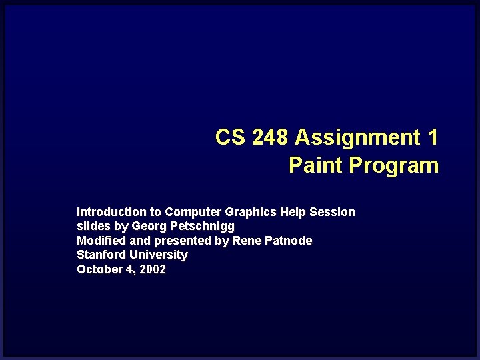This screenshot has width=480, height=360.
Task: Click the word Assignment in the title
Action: click(357, 137)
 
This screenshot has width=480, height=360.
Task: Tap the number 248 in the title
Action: click(270, 137)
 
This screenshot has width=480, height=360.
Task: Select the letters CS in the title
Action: click(230, 137)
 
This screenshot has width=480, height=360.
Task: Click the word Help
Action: click(293, 212)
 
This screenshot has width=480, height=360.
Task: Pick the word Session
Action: click(333, 212)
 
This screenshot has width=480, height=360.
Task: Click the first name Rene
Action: click(245, 241)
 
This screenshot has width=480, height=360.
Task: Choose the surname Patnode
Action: click(287, 241)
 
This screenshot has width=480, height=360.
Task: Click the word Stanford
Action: click(101, 255)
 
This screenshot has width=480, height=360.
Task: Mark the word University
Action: click(159, 255)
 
